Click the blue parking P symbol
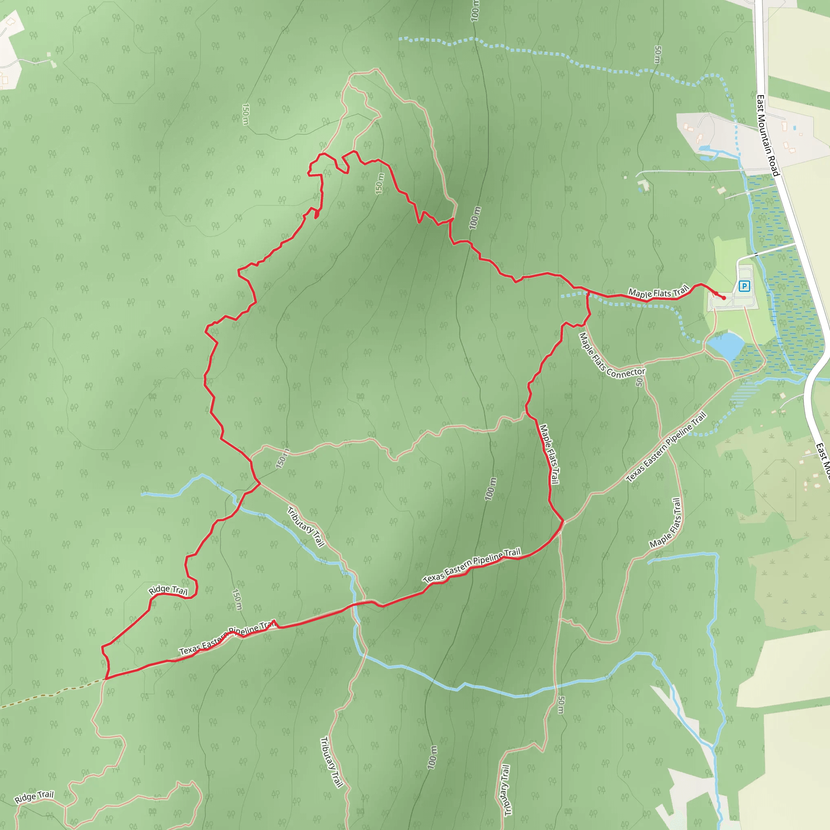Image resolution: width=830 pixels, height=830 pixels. coord(744,286)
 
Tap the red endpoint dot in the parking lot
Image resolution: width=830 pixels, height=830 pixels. coord(724,298)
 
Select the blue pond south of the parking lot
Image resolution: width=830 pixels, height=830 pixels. coord(725,345)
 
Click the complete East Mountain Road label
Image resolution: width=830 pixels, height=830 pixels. coord(767,136)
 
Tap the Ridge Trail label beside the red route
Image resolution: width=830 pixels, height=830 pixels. coord(168,590)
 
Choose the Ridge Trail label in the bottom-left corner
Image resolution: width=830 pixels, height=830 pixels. coord(34,797)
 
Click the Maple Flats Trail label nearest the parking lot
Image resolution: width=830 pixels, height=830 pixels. coord(658,293)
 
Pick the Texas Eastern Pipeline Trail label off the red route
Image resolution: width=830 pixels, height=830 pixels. coord(666,447)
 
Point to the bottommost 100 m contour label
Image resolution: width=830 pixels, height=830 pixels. coord(432,757)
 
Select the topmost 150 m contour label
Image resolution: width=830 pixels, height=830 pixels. coord(245,114)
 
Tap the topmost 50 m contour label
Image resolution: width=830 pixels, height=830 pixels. coord(657,55)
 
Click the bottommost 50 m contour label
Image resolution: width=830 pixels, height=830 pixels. coord(560,704)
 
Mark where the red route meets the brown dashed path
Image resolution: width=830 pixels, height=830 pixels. coord(106,679)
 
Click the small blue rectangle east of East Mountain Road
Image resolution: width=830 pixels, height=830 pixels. coord(794,128)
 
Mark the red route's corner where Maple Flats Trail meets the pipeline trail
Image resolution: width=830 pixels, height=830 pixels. coord(563,521)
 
